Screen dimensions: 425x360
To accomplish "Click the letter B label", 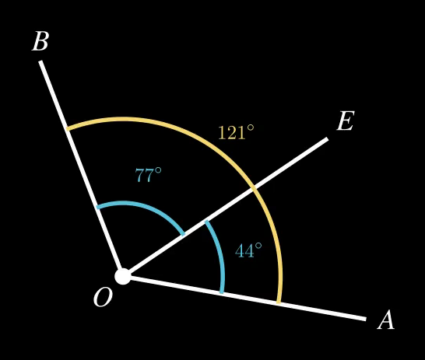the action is (40, 41).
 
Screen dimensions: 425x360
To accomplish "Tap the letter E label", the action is (346, 121).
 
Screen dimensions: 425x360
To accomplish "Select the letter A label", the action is (386, 320).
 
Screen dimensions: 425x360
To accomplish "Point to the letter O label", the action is (103, 297).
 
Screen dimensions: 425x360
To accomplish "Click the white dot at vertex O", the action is (123, 276).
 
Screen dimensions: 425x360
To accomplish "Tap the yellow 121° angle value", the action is (237, 132).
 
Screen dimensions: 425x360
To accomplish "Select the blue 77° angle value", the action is (148, 175).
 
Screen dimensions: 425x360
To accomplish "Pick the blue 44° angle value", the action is (248, 250).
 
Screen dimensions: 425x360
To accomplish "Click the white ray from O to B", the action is (81, 169).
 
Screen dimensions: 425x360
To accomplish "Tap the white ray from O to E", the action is (226, 208).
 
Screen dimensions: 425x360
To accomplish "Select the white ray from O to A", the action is (244, 298).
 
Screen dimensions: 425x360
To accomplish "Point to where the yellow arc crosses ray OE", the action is (254, 188).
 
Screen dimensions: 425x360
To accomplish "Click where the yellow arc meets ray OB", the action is (68, 128).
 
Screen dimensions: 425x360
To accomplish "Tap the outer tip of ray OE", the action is (328, 139).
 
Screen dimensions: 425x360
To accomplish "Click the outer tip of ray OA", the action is (366, 319).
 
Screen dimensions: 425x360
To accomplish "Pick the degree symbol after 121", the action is (251, 128).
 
